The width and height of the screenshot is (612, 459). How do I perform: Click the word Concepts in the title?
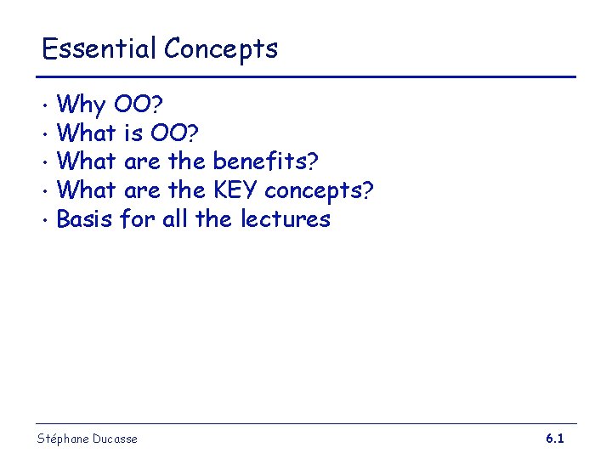pos(221,49)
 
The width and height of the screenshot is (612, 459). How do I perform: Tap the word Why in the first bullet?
pos(81,106)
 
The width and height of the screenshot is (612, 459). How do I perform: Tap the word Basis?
pos(85,219)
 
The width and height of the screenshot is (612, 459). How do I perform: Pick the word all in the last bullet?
pos(175,219)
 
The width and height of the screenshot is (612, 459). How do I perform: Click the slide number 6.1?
pos(555,439)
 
